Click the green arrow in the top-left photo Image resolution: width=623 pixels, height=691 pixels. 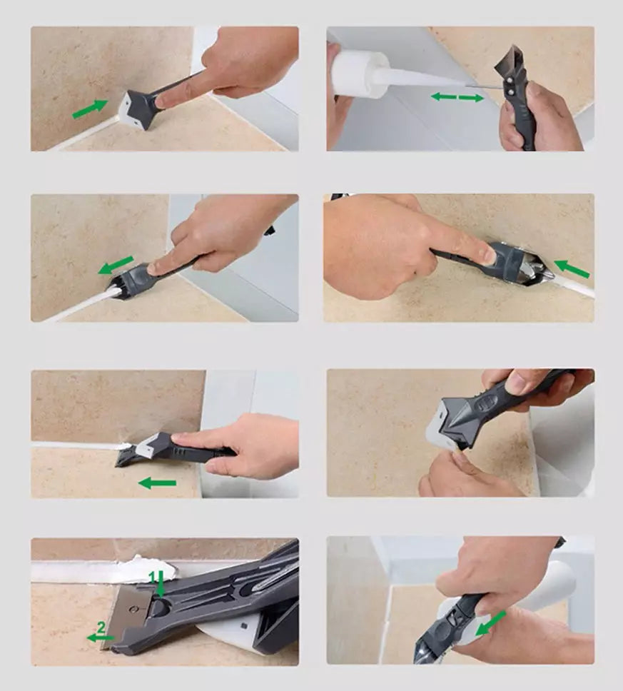coord(91,109)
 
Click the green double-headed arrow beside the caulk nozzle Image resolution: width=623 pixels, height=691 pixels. coord(457,97)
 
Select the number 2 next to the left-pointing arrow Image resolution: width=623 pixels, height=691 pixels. coord(101,627)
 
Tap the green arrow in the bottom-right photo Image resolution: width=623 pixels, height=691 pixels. coord(490,623)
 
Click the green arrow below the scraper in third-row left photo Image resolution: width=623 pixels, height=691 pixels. coord(157,483)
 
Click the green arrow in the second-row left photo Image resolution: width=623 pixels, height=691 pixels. coord(116,265)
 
